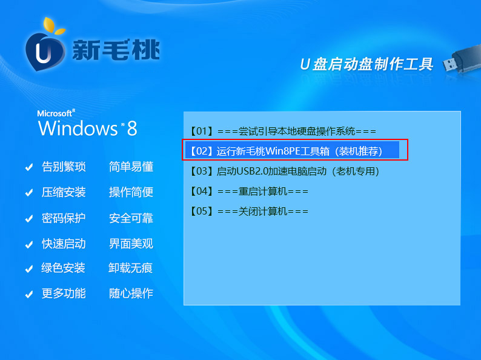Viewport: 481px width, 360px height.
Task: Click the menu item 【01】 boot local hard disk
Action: coord(283,132)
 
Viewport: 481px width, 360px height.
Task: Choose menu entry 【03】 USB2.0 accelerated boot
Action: coord(284,172)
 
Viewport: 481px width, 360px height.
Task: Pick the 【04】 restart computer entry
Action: coord(249,192)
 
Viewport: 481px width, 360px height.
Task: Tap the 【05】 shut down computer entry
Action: coord(249,211)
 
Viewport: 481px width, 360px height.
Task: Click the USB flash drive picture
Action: coord(462,60)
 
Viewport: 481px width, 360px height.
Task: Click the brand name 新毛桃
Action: coord(116,50)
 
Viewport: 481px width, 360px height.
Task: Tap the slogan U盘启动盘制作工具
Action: coord(367,64)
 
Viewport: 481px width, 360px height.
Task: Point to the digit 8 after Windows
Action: coord(132,128)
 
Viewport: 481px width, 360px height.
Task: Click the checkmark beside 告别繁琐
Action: coord(29,167)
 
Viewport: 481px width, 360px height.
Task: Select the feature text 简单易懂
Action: coord(131,167)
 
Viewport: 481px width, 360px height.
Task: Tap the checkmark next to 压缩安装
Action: coord(29,193)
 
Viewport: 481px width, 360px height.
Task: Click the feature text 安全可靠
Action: coord(131,218)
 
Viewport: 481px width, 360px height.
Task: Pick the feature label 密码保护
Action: coord(64,218)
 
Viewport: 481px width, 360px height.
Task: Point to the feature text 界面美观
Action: coord(131,244)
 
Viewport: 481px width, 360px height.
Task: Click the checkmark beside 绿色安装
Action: coord(29,269)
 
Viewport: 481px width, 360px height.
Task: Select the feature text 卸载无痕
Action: coord(130,268)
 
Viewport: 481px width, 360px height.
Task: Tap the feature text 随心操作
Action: coord(131,293)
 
